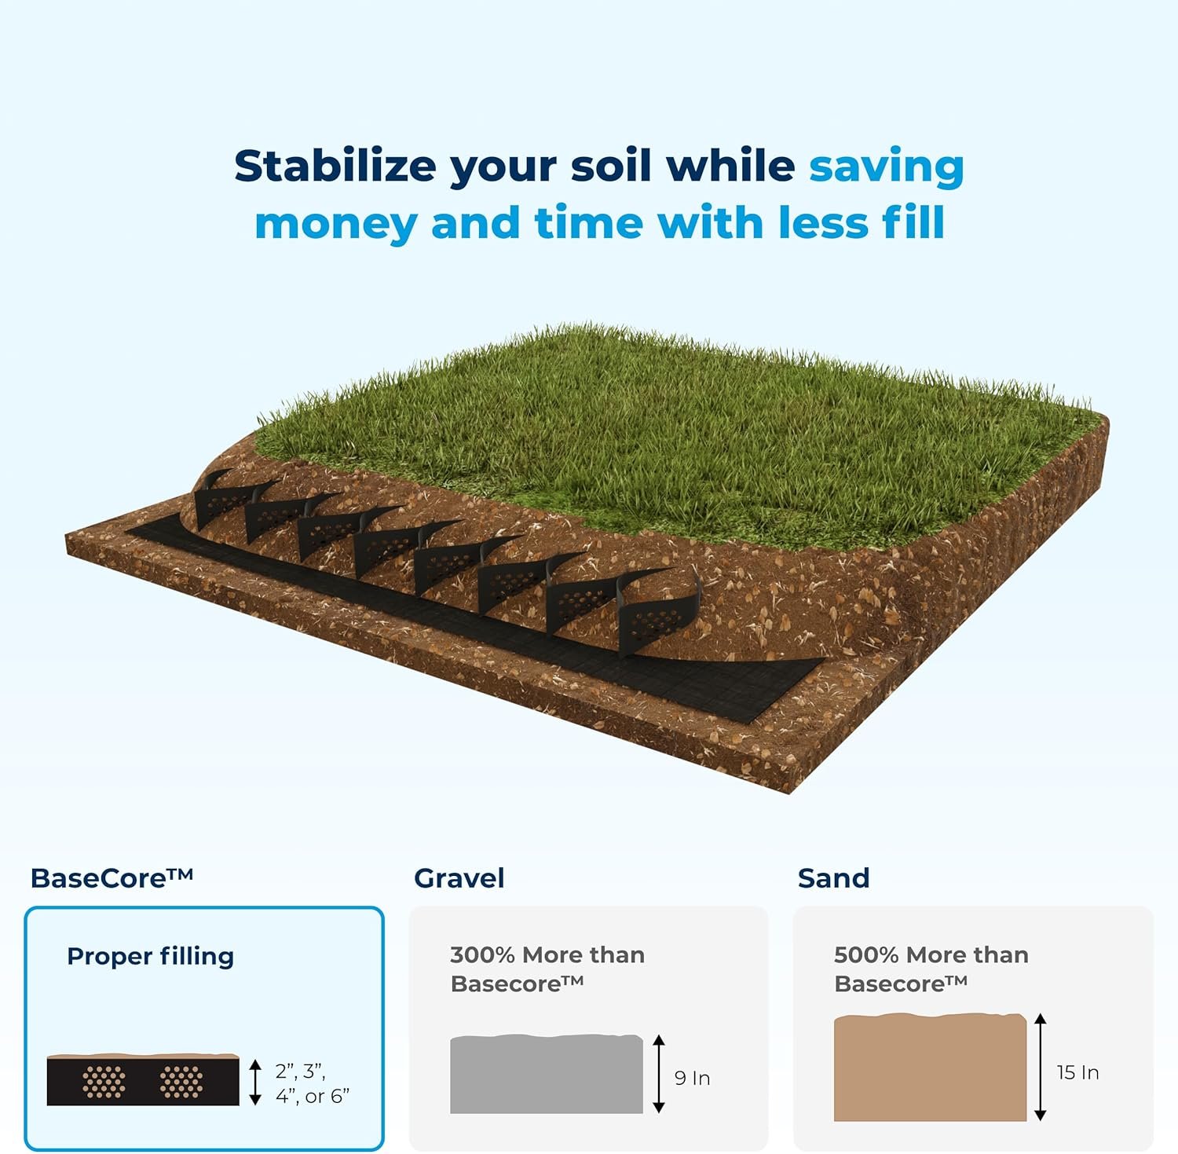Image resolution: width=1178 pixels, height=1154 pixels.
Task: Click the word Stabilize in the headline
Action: pos(335,167)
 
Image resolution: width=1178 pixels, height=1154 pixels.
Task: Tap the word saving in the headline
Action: pos(887,168)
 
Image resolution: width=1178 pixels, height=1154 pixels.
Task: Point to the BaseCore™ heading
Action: pos(112,877)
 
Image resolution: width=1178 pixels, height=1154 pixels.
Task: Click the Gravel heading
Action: pos(459,877)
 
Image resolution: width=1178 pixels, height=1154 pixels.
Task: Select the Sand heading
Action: pos(834,877)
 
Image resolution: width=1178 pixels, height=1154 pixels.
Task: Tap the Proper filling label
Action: pos(151,956)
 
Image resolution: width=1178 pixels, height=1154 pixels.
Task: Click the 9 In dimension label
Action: pos(693,1078)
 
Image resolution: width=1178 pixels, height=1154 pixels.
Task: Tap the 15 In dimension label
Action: pos(1077,1072)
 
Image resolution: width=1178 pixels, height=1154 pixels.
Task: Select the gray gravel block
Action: pos(547,1074)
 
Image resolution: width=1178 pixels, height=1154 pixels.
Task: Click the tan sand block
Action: pos(931,1067)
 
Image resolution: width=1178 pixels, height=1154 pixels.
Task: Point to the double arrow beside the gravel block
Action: pos(659,1074)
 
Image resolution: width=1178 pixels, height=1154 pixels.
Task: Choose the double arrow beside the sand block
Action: pos(1041,1067)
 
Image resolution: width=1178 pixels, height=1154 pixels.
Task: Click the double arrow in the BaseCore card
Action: pos(255,1082)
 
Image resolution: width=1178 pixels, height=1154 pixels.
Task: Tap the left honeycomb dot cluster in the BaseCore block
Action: pos(104,1082)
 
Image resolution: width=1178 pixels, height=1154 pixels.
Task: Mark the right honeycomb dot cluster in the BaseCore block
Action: pos(181,1082)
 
